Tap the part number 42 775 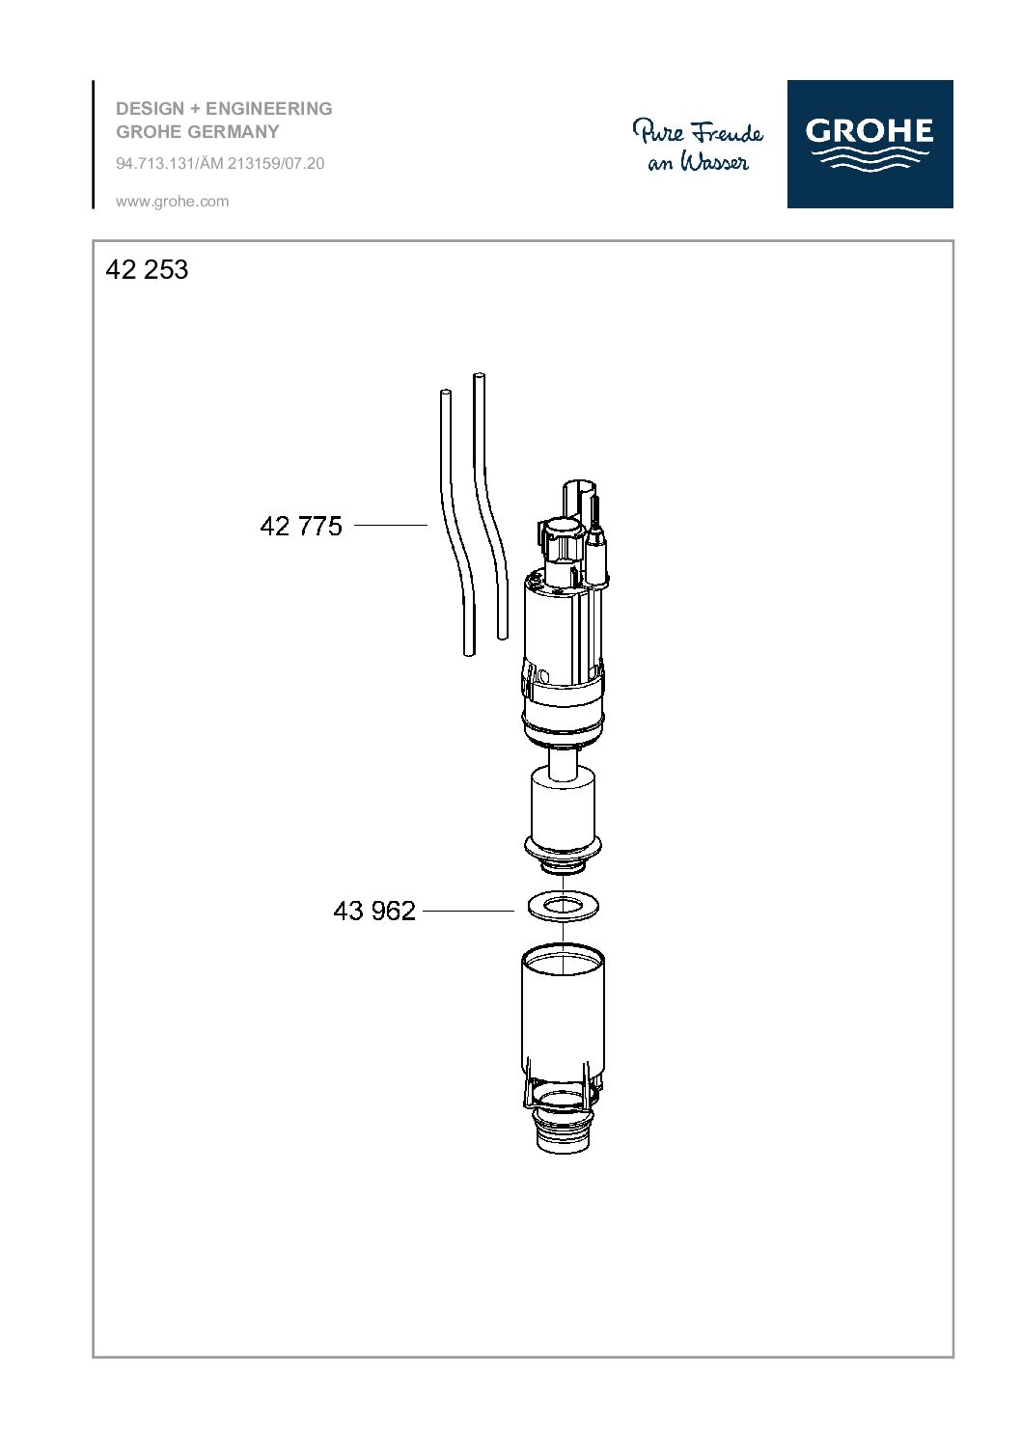click(300, 526)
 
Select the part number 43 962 click(374, 911)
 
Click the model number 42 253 click(147, 269)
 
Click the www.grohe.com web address click(172, 202)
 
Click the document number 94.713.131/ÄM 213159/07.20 click(220, 163)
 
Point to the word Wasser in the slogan click(715, 162)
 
